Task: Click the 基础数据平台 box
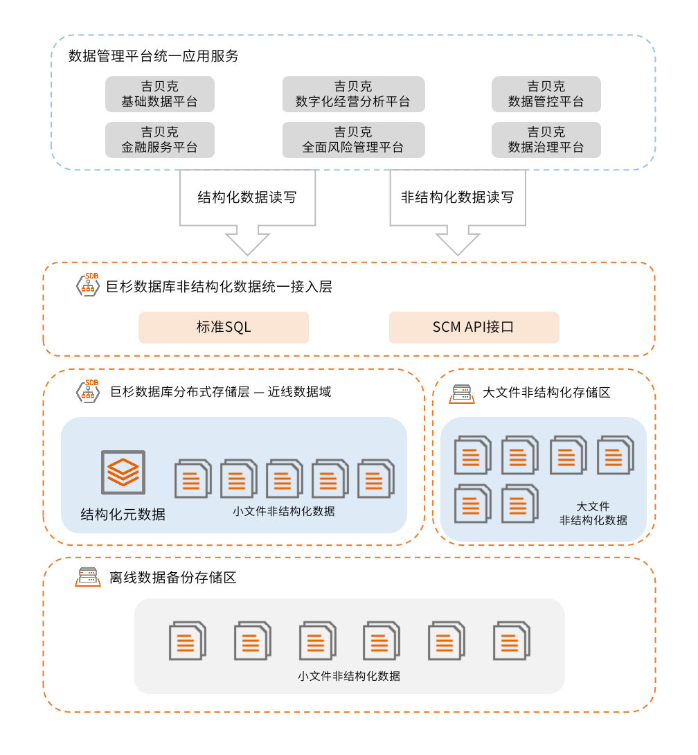(x=159, y=94)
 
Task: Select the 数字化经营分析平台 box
(x=353, y=94)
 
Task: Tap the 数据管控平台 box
(x=546, y=94)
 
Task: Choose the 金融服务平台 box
(x=159, y=140)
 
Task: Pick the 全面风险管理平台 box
(x=353, y=140)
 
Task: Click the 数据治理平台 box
(x=546, y=140)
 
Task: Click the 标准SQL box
(x=224, y=327)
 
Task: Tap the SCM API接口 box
(x=474, y=327)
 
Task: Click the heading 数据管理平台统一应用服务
(x=154, y=56)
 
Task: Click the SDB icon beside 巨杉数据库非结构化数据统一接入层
(x=87, y=285)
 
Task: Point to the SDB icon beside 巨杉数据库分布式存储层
(x=87, y=391)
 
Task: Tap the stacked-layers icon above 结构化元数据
(x=123, y=472)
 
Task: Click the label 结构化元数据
(x=123, y=515)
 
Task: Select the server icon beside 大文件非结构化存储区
(x=460, y=393)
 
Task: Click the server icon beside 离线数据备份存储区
(x=87, y=577)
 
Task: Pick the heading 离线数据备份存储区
(x=173, y=578)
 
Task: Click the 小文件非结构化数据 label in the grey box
(x=349, y=676)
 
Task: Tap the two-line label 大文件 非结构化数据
(x=593, y=513)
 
